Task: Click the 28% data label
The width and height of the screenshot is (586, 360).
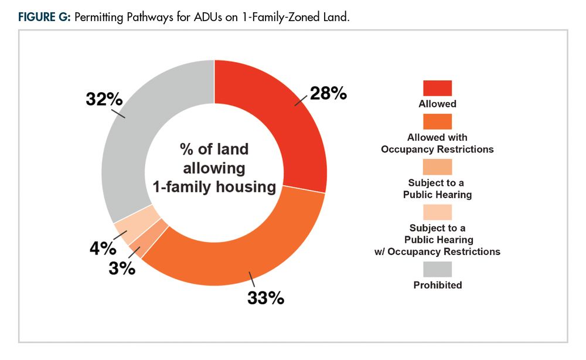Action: pyautogui.click(x=328, y=93)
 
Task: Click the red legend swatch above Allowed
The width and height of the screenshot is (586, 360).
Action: pyautogui.click(x=437, y=88)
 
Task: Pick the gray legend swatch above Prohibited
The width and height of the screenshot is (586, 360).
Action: pyautogui.click(x=437, y=269)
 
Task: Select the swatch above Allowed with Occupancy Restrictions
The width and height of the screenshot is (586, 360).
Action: pyautogui.click(x=437, y=121)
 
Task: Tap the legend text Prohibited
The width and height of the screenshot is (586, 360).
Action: pyautogui.click(x=437, y=286)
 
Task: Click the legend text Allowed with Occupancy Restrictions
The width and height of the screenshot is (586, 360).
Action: pyautogui.click(x=437, y=143)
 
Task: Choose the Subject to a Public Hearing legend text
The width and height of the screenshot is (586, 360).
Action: pyautogui.click(x=437, y=189)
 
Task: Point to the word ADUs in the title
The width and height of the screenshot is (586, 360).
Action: pyautogui.click(x=223, y=17)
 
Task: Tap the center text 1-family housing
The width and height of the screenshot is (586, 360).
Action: pyautogui.click(x=214, y=187)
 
